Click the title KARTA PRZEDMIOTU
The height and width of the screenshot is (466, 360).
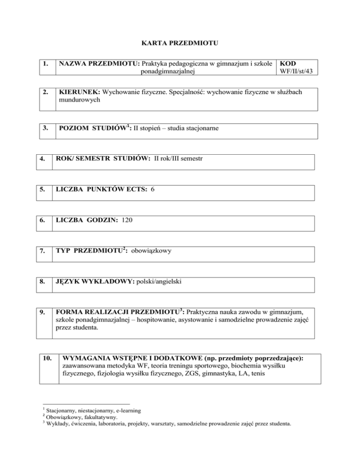click(180, 45)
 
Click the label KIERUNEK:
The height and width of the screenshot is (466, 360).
click(78, 92)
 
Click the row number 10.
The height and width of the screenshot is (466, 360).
click(46, 358)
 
